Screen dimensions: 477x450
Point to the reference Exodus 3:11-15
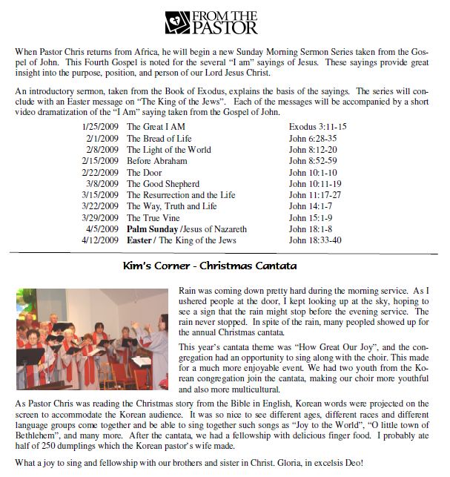317,127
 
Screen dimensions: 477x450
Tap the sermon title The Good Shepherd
162,184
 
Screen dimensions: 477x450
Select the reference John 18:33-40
314,241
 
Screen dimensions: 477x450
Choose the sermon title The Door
146,173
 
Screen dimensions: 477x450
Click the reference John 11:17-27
314,195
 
